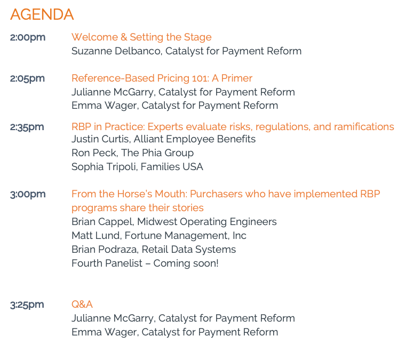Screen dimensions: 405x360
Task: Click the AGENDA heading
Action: [x=42, y=14]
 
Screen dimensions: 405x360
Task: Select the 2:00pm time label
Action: [x=28, y=37]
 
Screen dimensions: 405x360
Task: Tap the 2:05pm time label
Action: [x=27, y=78]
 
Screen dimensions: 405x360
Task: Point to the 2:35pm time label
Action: [x=27, y=127]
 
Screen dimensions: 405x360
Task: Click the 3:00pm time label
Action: [x=28, y=194]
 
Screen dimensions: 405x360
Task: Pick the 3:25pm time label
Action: [x=27, y=305]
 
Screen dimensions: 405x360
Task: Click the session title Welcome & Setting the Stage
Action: [x=141, y=37]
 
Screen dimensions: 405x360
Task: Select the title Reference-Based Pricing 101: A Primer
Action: [x=162, y=78]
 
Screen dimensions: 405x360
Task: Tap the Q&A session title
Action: [x=82, y=304]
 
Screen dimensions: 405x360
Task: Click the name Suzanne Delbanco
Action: [x=117, y=51]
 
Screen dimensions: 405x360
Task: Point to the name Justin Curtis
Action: [x=101, y=139]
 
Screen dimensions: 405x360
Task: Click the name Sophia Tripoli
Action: [x=104, y=167]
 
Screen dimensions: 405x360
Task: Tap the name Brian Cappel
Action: [x=102, y=222]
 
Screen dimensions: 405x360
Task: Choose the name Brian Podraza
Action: [x=105, y=250]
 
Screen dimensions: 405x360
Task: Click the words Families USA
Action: [x=172, y=167]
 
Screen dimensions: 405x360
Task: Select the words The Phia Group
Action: [x=157, y=153]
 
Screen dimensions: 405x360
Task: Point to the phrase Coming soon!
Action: [x=186, y=263]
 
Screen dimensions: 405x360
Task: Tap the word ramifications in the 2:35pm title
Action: [x=364, y=127]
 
